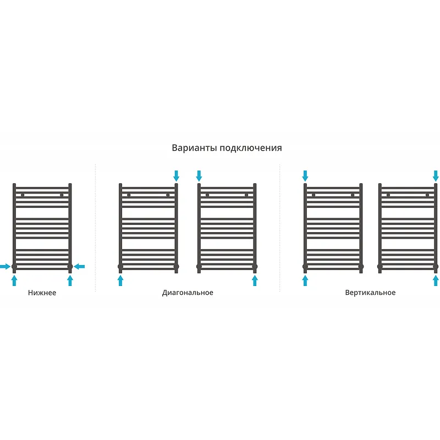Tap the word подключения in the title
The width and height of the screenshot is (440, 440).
click(x=251, y=148)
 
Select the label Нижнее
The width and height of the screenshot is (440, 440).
click(x=42, y=293)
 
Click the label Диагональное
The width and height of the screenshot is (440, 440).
click(x=188, y=293)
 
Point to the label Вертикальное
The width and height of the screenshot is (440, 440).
click(x=370, y=293)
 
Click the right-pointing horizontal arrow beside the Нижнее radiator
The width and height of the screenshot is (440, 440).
click(x=5, y=266)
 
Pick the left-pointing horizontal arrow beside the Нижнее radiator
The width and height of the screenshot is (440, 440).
click(x=79, y=266)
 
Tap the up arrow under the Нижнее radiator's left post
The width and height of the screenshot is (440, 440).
click(x=14, y=280)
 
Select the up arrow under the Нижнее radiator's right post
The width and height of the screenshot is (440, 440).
click(x=70, y=280)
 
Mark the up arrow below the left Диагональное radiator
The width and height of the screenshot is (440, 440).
click(x=120, y=280)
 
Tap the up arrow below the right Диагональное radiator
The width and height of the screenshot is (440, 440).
click(x=255, y=280)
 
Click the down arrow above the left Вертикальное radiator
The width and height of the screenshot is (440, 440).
click(x=305, y=176)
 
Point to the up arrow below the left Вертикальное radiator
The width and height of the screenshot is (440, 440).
click(x=305, y=280)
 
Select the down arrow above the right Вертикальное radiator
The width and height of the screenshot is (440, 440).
click(x=436, y=176)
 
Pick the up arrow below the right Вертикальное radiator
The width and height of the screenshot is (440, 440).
click(x=436, y=280)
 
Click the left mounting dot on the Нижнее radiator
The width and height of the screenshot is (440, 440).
click(x=23, y=195)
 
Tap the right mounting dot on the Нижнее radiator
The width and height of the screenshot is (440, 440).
click(x=62, y=195)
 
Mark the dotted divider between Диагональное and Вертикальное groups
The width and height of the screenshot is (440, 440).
click(x=280, y=228)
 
